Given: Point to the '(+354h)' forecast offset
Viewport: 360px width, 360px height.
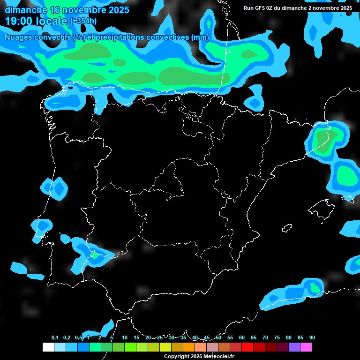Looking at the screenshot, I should [83, 21].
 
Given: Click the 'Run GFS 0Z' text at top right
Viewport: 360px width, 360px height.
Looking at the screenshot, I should [262, 8].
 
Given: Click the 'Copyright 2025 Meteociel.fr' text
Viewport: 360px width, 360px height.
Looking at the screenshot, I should [199, 356].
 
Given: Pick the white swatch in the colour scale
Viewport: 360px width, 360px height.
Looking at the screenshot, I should [48, 347].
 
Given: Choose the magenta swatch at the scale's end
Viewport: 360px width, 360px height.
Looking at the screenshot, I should [306, 347].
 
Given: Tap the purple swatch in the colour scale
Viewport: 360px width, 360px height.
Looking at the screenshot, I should [294, 347].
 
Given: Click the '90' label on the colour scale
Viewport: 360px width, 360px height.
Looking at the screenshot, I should [312, 337].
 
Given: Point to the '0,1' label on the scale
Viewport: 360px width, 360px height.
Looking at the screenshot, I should [55, 337].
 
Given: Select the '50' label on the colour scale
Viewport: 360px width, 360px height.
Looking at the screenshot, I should [218, 337].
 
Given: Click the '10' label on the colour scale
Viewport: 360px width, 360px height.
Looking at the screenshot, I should [124, 337].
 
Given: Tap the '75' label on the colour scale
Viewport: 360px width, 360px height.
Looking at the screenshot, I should [277, 337].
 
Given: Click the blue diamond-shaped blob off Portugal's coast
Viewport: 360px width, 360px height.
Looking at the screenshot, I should [58, 187].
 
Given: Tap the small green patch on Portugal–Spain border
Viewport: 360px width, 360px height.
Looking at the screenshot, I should [95, 255].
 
